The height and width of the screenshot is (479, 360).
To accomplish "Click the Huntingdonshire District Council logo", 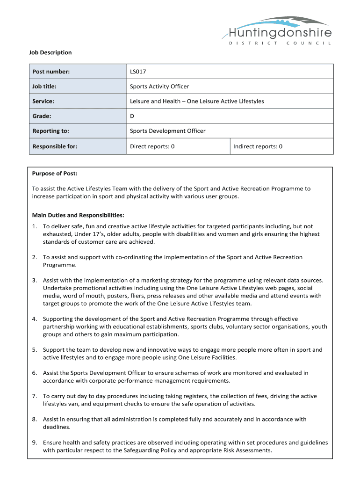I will tap(280, 31).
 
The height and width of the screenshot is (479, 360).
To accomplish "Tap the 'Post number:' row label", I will tap(51, 72).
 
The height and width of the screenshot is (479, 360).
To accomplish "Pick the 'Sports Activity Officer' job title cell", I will tap(159, 87).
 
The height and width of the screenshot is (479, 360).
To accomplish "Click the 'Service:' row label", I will tap(43, 102).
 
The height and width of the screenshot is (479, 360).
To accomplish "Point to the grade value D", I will tap(132, 116).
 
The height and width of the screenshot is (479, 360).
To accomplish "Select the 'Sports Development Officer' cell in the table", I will tap(167, 131).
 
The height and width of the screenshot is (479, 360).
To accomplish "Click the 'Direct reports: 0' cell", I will tap(152, 146).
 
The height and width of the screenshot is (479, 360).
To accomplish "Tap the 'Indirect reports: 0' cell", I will tap(258, 146).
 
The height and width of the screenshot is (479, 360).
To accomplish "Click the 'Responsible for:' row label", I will tap(55, 146).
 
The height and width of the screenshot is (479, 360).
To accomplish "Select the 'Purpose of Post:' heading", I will tap(55, 174).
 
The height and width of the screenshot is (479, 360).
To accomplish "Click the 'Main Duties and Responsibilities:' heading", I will tap(78, 215).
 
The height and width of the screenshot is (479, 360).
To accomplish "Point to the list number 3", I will tap(35, 281).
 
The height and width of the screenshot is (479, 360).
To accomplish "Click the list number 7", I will tap(35, 396).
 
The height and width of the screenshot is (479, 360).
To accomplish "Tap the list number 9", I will tap(35, 443).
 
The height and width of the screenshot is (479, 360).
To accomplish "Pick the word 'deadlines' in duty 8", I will tap(56, 427).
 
